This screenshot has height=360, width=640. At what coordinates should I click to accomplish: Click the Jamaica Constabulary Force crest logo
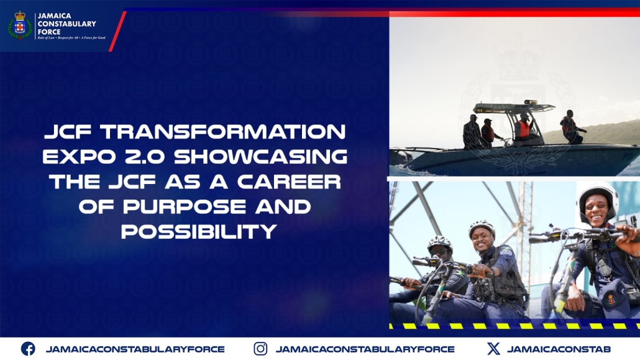[20, 25]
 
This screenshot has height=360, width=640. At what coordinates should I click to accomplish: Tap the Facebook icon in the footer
[28, 349]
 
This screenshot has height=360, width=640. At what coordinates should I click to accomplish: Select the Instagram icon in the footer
[260, 349]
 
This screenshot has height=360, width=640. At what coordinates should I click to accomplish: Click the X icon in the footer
[493, 349]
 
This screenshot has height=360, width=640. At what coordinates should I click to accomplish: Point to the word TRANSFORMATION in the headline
[223, 132]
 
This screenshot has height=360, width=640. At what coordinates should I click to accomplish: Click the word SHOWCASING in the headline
[261, 157]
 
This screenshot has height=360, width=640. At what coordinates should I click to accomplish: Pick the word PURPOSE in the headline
[185, 207]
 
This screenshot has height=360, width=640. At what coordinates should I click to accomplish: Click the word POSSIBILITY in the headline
[199, 232]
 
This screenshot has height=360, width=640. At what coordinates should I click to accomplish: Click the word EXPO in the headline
[79, 157]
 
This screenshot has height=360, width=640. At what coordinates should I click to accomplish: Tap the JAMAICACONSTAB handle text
[559, 349]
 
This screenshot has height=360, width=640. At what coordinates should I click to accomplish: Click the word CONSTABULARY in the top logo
[67, 24]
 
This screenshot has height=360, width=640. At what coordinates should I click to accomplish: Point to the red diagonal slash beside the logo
[117, 31]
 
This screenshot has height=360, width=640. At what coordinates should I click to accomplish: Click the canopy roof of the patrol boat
[513, 108]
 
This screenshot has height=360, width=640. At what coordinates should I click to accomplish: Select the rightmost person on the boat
[572, 127]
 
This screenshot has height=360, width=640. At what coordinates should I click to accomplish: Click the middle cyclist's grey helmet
[482, 227]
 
